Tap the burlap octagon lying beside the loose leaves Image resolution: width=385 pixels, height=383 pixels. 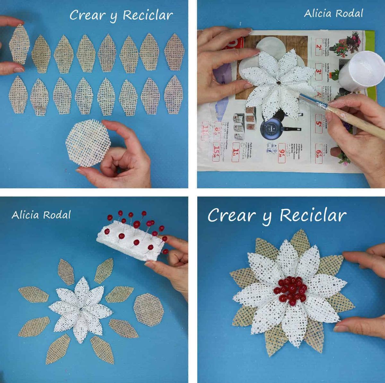pos(148,310)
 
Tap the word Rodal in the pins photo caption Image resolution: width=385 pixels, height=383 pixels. pos(57,215)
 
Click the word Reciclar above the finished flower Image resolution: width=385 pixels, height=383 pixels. pos(313,215)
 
